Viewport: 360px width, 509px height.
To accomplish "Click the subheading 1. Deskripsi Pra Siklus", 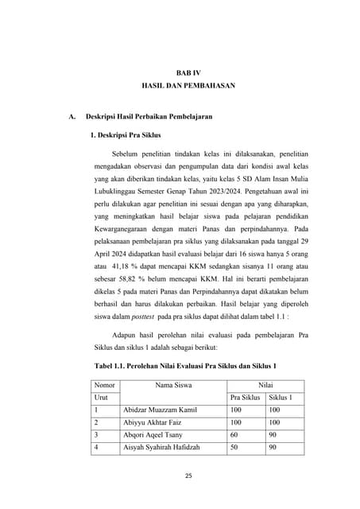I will pyautogui.click(x=127, y=135).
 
